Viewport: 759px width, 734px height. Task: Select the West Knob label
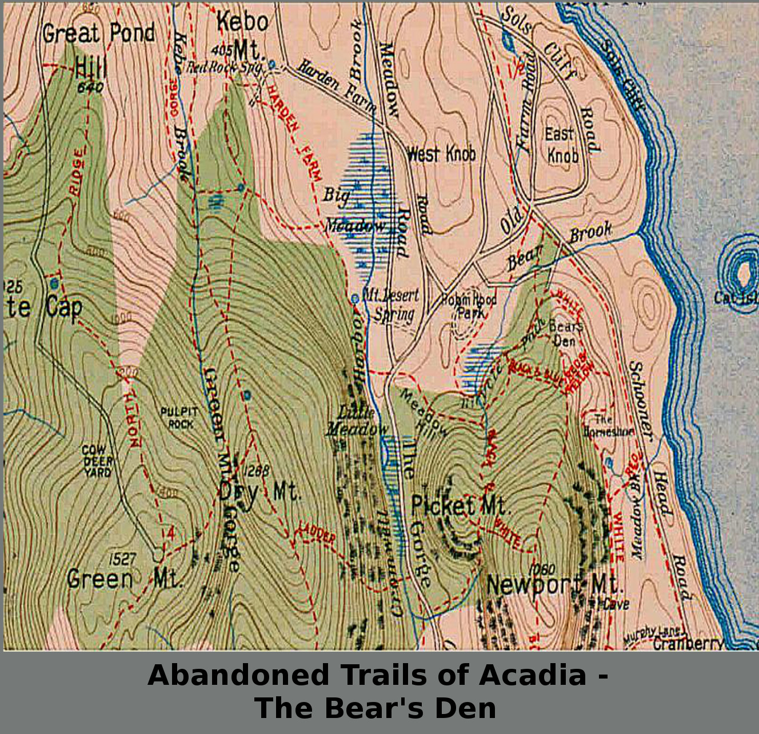[x=441, y=154]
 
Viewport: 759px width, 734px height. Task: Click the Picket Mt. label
[x=460, y=506]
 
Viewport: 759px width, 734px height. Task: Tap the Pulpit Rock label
[x=179, y=418]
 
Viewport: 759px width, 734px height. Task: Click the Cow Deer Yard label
[x=98, y=461]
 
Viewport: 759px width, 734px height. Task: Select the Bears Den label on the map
[x=565, y=333]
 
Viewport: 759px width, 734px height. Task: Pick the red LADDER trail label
[x=315, y=535]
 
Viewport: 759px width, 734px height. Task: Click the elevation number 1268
[x=255, y=471]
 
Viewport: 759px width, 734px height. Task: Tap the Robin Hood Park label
[x=469, y=306]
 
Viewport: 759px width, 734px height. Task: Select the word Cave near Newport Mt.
[x=616, y=604]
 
